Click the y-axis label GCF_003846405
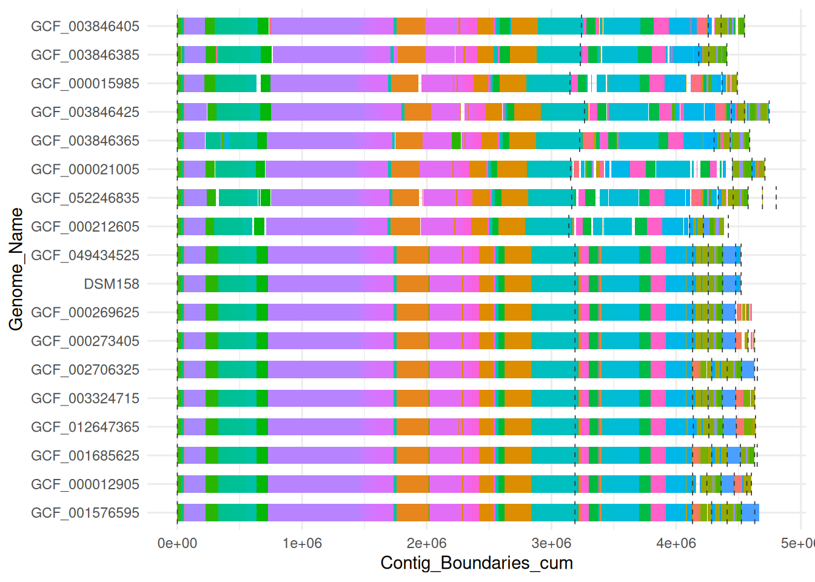click(85, 26)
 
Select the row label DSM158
click(112, 284)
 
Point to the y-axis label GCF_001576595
click(85, 513)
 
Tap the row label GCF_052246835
click(85, 198)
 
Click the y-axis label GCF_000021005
click(85, 169)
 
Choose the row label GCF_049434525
click(85, 255)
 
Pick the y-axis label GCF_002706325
click(85, 370)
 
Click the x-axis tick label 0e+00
click(177, 543)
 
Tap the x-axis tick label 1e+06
click(302, 543)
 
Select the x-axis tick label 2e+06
click(426, 543)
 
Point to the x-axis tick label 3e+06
click(551, 543)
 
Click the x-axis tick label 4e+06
click(676, 543)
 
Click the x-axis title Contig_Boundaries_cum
click(477, 563)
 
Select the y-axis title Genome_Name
click(16, 269)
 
